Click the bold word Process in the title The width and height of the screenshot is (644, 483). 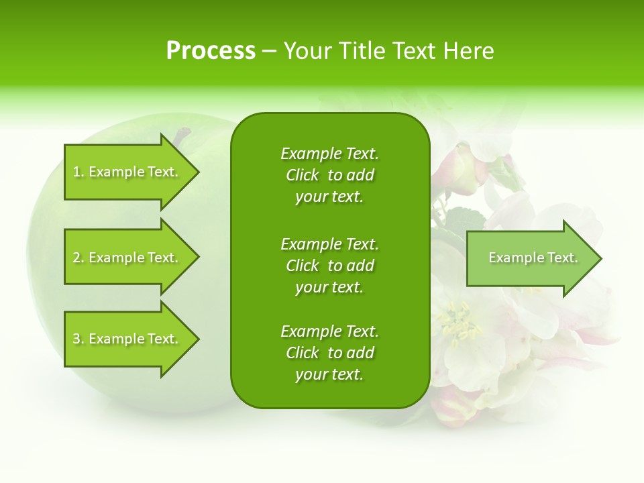pyautogui.click(x=211, y=50)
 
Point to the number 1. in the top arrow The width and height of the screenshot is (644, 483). pyautogui.click(x=78, y=172)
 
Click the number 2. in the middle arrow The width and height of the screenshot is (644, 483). pyautogui.click(x=78, y=258)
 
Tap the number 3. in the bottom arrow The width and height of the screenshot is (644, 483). pyautogui.click(x=78, y=339)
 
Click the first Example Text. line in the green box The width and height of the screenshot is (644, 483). pyautogui.click(x=329, y=154)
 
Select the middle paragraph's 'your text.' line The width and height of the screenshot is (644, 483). pyautogui.click(x=329, y=287)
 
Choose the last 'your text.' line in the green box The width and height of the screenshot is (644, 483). pyautogui.click(x=329, y=374)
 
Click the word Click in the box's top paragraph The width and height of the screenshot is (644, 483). pyautogui.click(x=303, y=175)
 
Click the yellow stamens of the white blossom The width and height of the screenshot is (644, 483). pyautogui.click(x=459, y=322)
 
